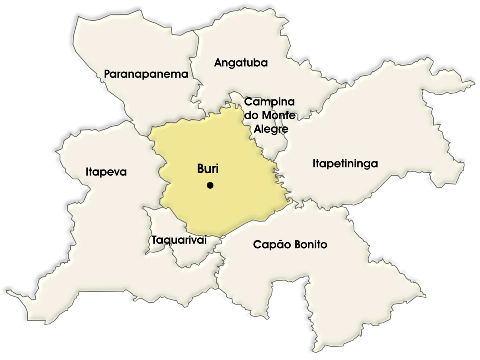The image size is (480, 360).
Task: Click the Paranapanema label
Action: pyautogui.click(x=146, y=74)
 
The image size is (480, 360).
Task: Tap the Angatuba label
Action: pyautogui.click(x=241, y=63)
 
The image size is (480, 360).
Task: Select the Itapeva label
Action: pyautogui.click(x=106, y=172)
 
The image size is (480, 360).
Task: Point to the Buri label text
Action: pyautogui.click(x=208, y=169)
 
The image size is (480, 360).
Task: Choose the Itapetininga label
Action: pyautogui.click(x=345, y=163)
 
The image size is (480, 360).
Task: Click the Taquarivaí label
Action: pyautogui.click(x=179, y=240)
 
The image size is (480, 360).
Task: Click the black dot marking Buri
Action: pyautogui.click(x=210, y=185)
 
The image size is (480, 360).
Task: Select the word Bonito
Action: pyautogui.click(x=310, y=244)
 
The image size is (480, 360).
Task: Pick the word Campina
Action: pyautogui.click(x=269, y=102)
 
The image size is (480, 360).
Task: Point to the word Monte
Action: pyautogui.click(x=279, y=115)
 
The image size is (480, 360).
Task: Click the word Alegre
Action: pyautogui.click(x=271, y=129)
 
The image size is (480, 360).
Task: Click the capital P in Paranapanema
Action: pyautogui.click(x=107, y=74)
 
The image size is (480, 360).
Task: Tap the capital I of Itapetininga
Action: pyautogui.click(x=314, y=163)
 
